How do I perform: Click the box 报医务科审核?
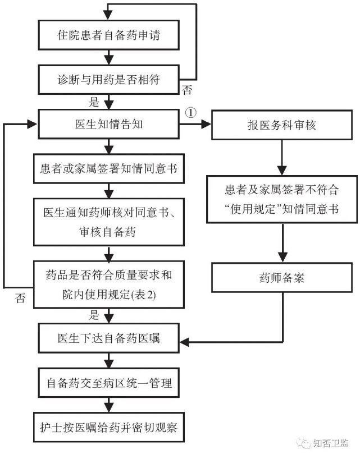pyautogui.click(x=281, y=125)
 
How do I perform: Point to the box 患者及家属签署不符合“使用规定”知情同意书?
pyautogui.click(x=281, y=200)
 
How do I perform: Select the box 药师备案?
pyautogui.click(x=281, y=278)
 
